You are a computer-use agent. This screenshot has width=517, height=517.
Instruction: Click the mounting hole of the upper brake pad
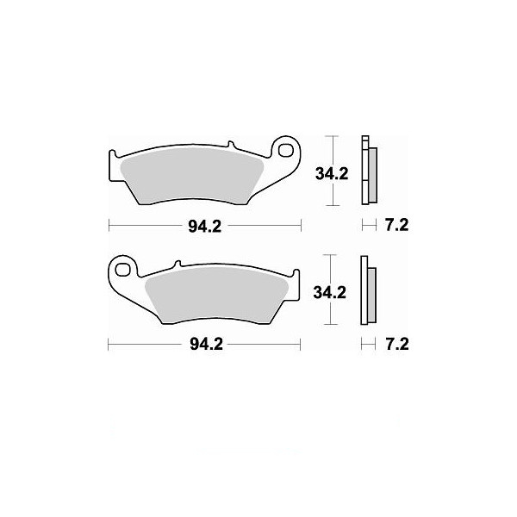285,150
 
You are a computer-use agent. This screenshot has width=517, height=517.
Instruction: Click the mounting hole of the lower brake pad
122,269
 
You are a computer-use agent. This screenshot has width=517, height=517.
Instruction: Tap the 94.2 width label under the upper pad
205,227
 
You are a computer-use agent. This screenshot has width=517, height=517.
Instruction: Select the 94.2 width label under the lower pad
206,345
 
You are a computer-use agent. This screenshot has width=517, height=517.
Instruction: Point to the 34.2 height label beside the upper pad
332,174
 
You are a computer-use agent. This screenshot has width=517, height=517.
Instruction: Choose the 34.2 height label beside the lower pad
330,292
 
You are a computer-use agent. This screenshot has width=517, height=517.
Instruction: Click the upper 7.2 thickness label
397,225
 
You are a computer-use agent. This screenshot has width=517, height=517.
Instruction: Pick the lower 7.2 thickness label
397,345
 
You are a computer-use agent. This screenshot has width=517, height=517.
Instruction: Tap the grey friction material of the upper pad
192,177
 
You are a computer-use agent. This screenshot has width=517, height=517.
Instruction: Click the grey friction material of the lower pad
216,295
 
